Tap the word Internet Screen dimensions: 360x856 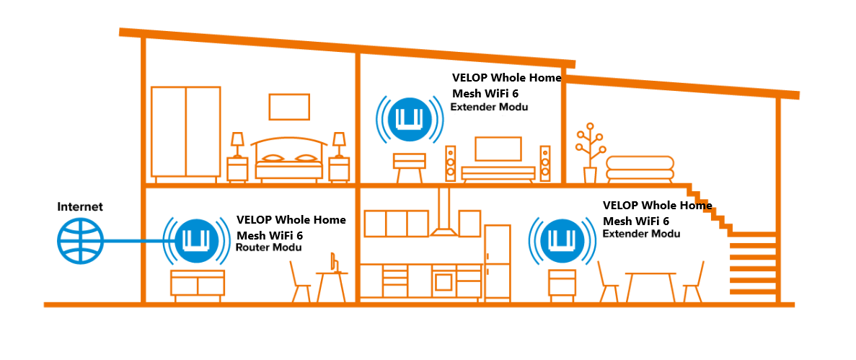80,207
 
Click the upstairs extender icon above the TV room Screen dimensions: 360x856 408,118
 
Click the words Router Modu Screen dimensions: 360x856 268,247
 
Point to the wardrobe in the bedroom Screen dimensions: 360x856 185,131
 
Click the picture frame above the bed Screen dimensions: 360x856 288,107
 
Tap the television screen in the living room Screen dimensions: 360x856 497,149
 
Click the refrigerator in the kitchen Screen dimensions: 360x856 497,263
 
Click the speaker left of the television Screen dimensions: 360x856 451,164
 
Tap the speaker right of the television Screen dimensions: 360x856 544,164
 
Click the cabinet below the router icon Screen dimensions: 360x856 197,283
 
